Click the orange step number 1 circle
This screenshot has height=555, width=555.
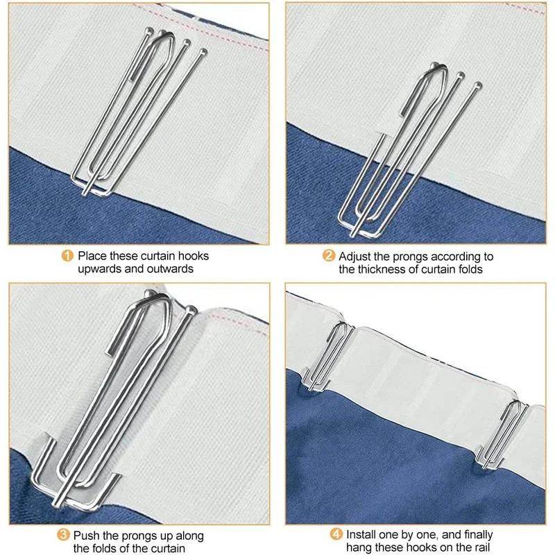coord(68,255)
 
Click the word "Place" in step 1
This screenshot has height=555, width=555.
coord(92,255)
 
